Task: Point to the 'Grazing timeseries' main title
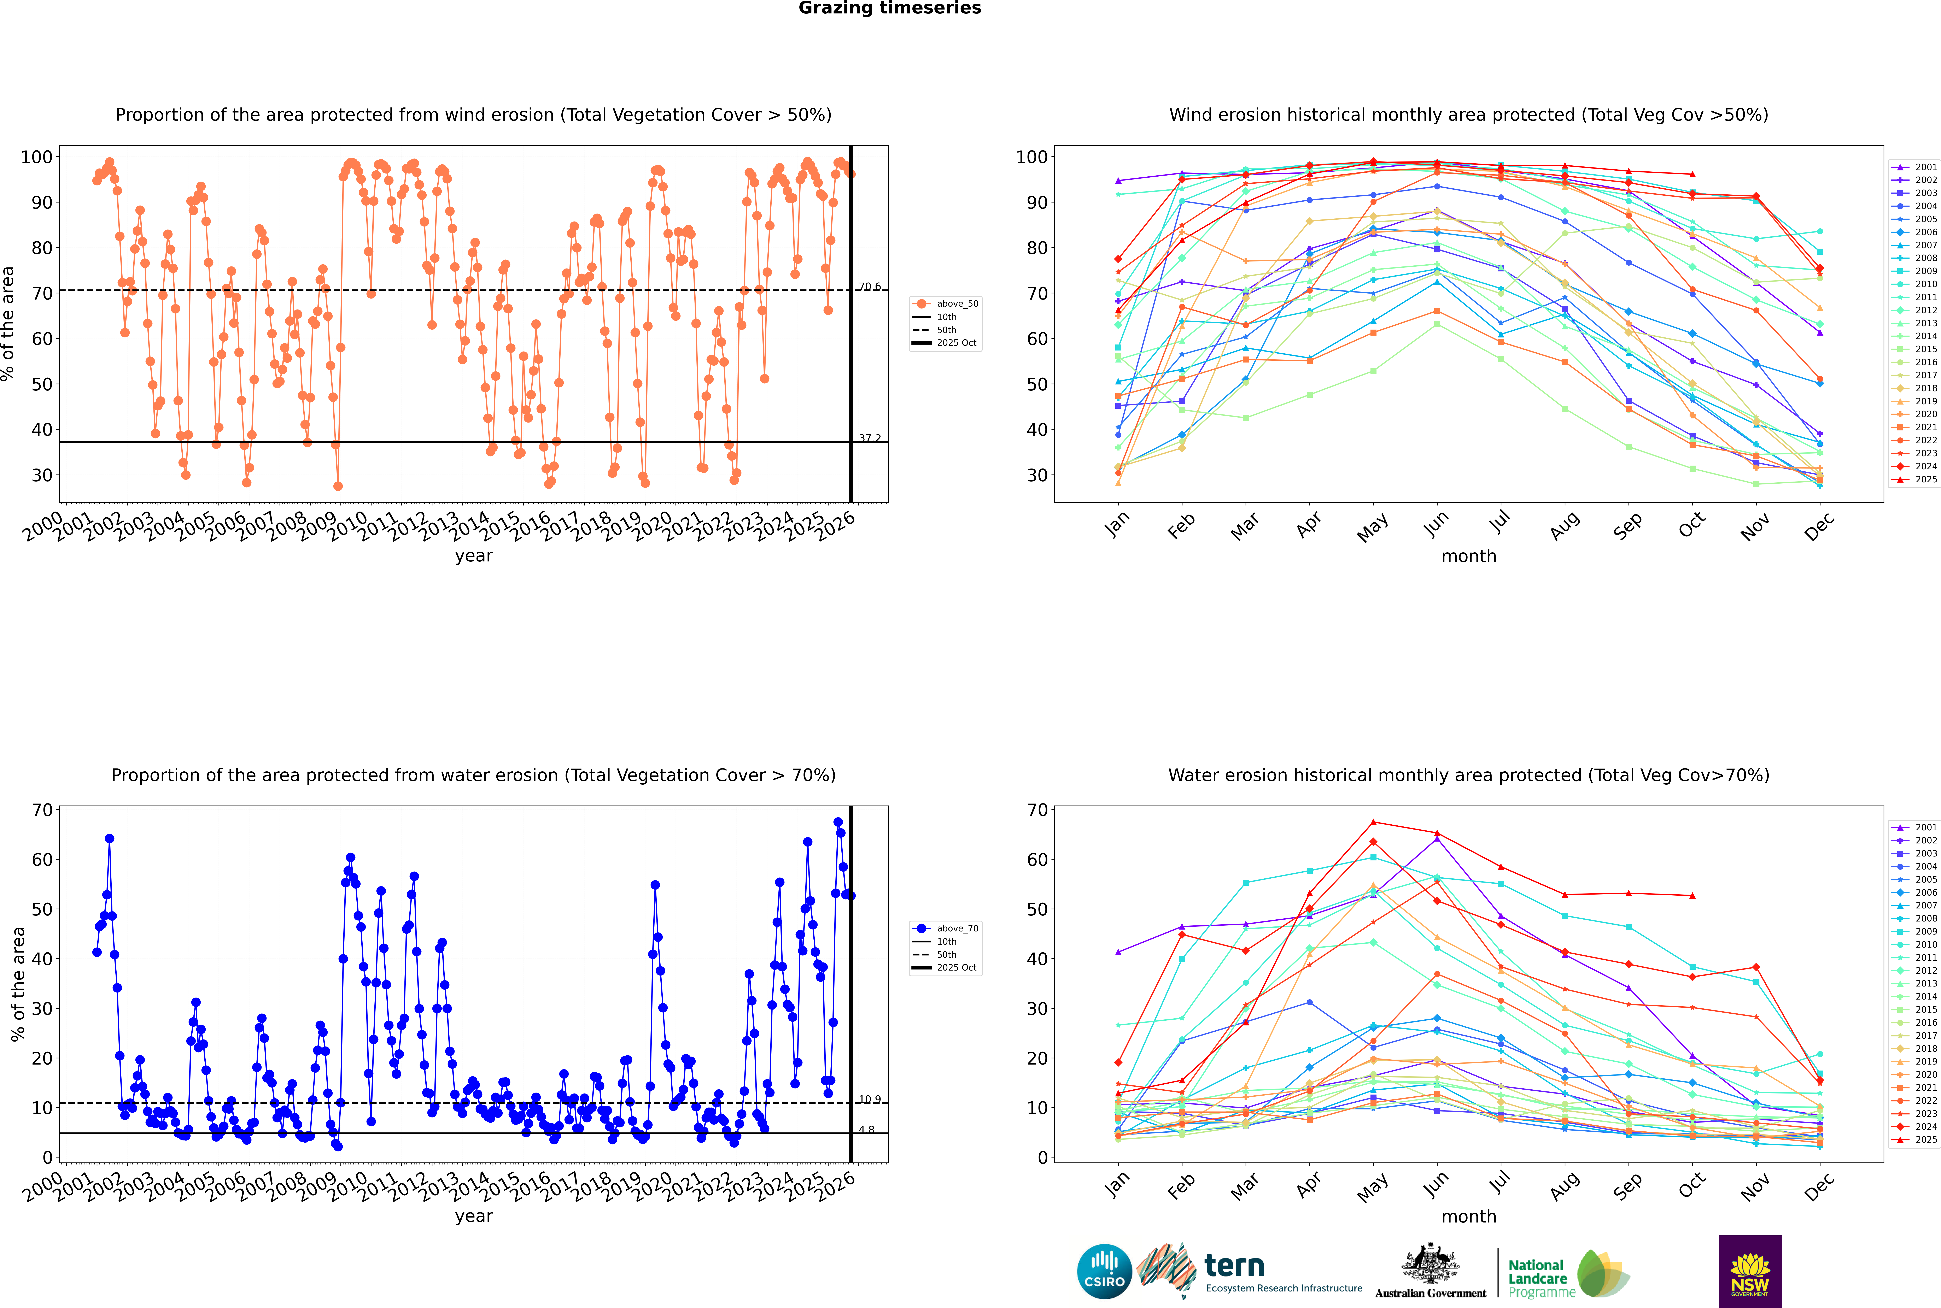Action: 890,8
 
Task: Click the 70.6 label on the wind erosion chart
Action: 870,287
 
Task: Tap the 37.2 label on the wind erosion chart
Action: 870,438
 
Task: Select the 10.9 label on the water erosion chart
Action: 870,1100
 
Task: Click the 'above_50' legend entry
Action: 956,304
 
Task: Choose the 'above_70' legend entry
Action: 956,929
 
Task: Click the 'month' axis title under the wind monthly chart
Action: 1469,556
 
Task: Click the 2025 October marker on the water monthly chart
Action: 1692,896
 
